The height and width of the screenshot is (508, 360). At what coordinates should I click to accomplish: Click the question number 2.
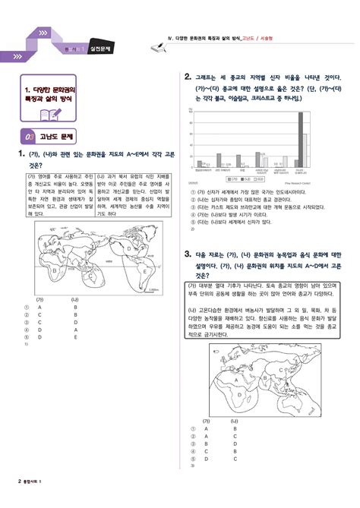coord(187,77)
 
